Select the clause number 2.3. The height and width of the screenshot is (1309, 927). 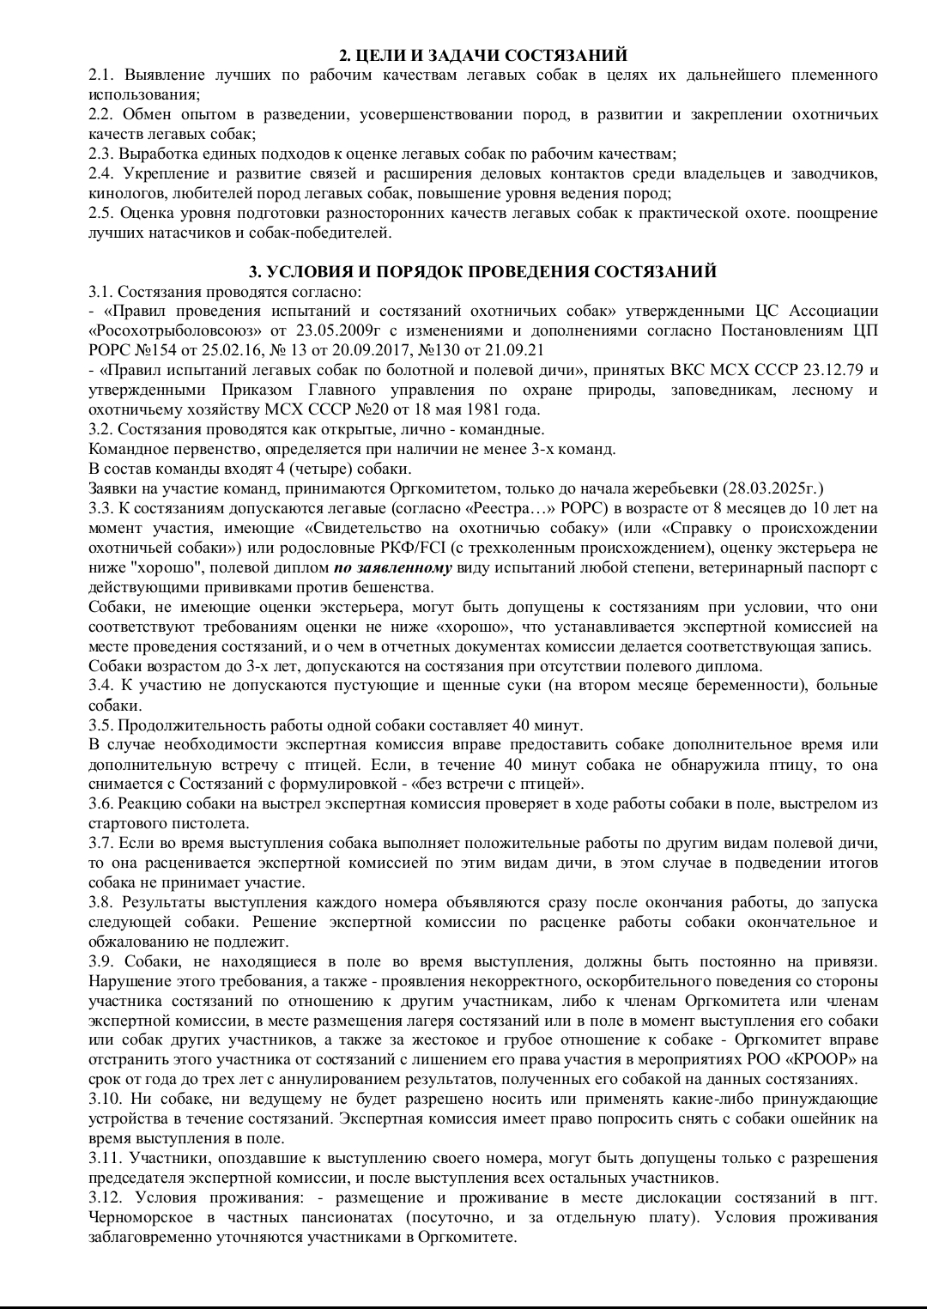click(101, 155)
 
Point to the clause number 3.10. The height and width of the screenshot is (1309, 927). click(105, 1099)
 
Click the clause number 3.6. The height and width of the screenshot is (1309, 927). click(101, 803)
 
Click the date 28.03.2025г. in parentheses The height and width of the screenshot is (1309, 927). click(772, 488)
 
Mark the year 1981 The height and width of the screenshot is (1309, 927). click(473, 409)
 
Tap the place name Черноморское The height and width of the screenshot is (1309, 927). click(142, 1217)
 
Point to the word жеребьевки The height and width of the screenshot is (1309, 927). click(676, 488)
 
